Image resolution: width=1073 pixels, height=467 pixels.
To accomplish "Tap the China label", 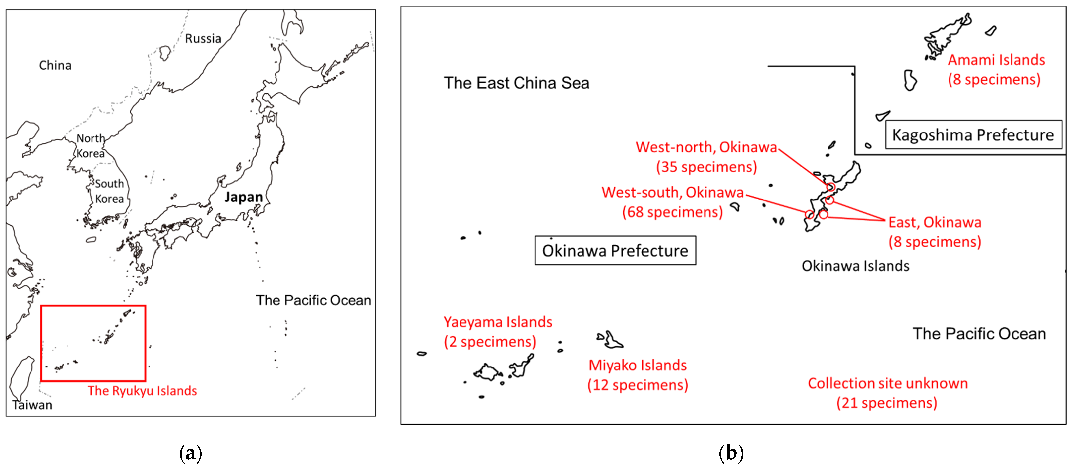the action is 55,66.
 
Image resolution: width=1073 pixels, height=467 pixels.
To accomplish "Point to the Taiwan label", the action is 32,405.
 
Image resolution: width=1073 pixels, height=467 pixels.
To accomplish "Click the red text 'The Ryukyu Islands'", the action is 142,390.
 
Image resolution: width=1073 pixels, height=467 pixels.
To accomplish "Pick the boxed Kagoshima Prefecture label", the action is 973,135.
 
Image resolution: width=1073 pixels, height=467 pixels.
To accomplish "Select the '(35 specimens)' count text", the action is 706,167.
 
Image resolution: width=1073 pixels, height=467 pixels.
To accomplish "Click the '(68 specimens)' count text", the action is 672,212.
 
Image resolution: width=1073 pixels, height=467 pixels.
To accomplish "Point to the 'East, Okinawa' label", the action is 935,222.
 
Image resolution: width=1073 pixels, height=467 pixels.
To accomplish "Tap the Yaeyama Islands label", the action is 498,322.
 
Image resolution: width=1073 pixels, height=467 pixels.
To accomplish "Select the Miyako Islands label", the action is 637,365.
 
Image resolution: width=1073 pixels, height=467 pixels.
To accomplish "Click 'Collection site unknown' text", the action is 888,383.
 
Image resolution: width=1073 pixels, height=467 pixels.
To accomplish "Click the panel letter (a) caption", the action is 190,453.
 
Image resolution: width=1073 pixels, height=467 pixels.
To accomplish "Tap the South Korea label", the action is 110,191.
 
